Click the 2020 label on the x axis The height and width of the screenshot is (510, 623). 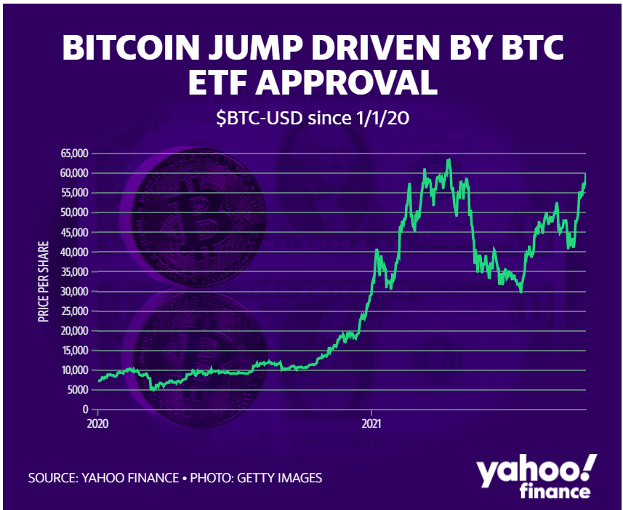click(97, 423)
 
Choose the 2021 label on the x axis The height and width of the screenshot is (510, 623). click(371, 423)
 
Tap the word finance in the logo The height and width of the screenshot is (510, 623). click(555, 493)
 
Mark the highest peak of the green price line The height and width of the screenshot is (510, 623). click(449, 159)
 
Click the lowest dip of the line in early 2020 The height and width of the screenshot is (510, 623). click(152, 391)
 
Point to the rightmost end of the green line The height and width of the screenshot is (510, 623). click(586, 175)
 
